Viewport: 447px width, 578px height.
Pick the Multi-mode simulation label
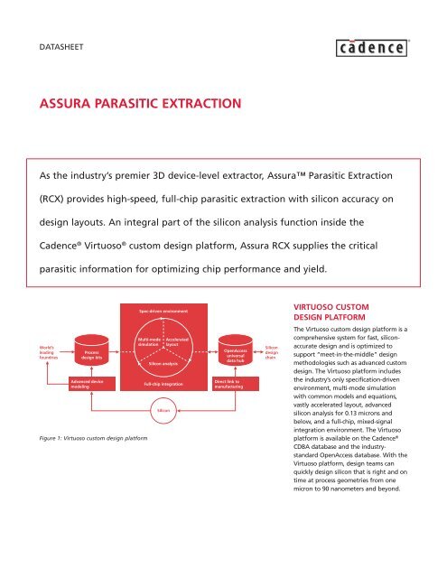[148, 341]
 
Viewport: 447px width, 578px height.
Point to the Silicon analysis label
[164, 362]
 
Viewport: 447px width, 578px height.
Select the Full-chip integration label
[164, 385]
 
